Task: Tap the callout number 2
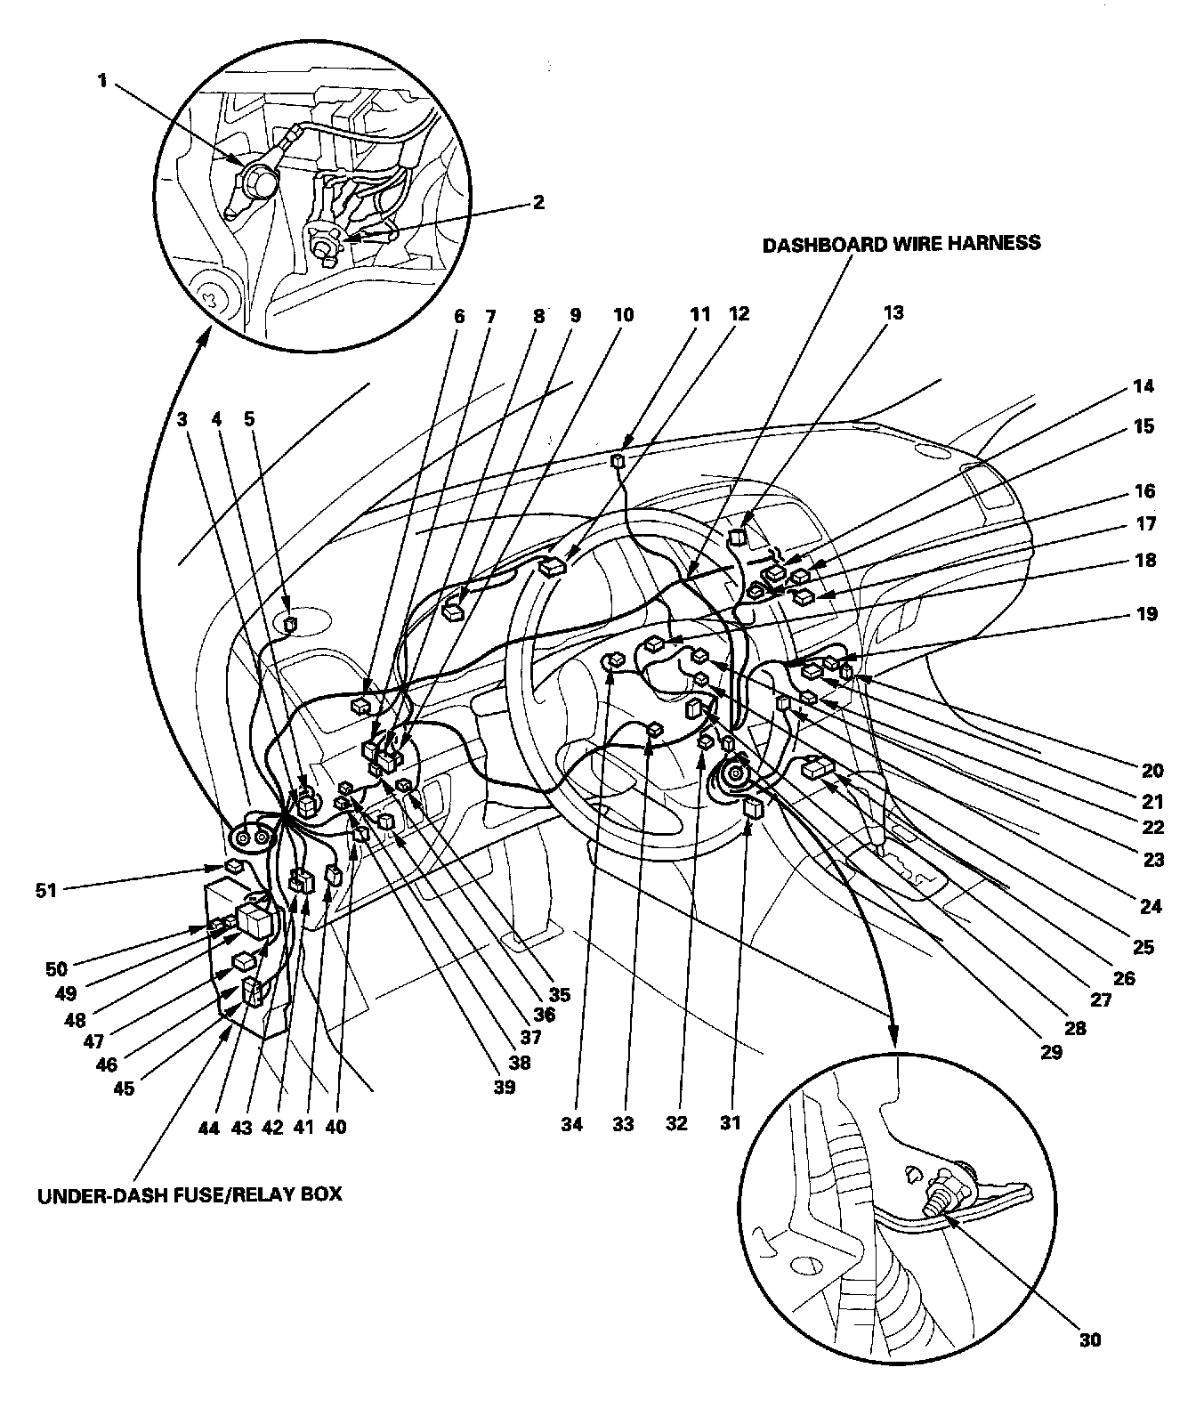click(x=537, y=202)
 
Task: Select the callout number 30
click(x=1092, y=1339)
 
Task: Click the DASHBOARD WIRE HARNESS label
click(x=901, y=242)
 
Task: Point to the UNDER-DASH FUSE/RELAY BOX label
click(x=189, y=1194)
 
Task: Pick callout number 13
click(x=893, y=312)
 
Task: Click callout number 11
click(x=699, y=314)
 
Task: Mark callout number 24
click(x=1151, y=907)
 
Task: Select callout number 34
click(x=571, y=1124)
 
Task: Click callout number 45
click(x=125, y=1088)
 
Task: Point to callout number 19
click(x=1147, y=613)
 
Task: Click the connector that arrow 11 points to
click(x=618, y=460)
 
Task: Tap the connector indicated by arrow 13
click(x=736, y=538)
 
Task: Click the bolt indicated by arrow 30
click(x=937, y=1202)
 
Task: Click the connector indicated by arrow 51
click(x=234, y=865)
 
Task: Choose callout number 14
click(x=1145, y=386)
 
